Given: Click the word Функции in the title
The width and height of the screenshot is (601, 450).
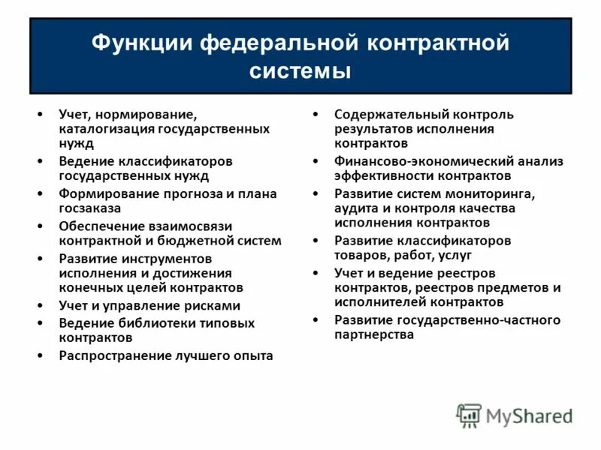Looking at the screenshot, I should tap(141, 43).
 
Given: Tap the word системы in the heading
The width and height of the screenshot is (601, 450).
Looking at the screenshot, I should tap(300, 72).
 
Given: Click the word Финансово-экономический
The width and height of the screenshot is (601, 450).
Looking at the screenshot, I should tap(415, 161).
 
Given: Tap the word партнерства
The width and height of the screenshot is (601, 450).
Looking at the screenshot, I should tap(374, 335).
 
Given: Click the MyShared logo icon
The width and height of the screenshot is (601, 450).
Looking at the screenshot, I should tap(470, 415).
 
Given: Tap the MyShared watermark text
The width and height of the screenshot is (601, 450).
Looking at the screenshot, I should tap(530, 416).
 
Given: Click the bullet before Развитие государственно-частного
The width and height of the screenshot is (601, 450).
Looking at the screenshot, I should tap(316, 320).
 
